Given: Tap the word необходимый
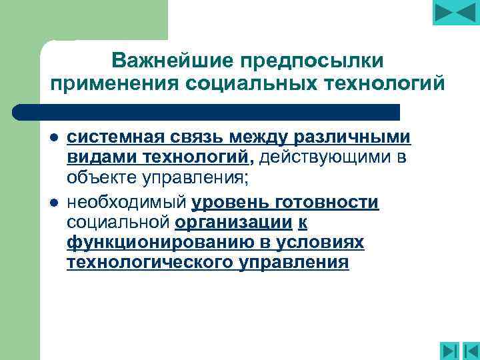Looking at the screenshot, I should pyautogui.click(x=127, y=202).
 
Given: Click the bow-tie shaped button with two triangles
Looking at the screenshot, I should pyautogui.click(x=456, y=13).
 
